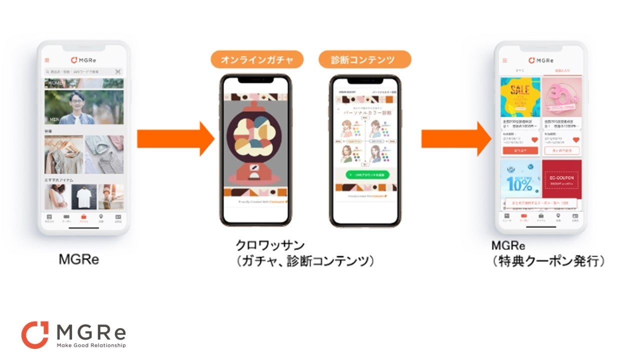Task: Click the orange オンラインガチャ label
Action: tap(257, 60)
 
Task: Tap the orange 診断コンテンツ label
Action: tap(364, 60)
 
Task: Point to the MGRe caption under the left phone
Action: tap(78, 259)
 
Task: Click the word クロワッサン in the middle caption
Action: tap(270, 245)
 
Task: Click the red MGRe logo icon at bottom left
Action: tap(35, 334)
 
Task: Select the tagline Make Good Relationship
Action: tap(91, 345)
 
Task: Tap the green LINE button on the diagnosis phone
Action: tap(364, 175)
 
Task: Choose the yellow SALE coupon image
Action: tap(520, 96)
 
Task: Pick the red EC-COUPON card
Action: tap(561, 180)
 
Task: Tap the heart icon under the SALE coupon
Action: tap(534, 140)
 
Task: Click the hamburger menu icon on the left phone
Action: tap(47, 60)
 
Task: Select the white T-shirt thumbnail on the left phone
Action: tap(83, 196)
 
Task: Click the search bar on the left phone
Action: tap(80, 71)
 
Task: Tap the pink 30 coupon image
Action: tap(561, 96)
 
